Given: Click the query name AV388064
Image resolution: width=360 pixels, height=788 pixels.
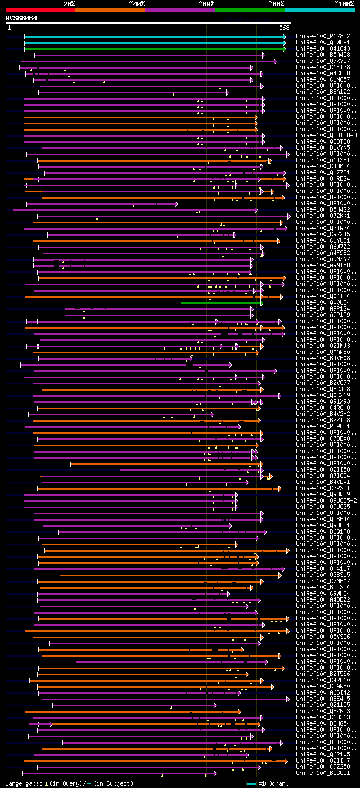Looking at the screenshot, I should [21, 18].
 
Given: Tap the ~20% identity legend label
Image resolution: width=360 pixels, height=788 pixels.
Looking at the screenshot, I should [69, 3].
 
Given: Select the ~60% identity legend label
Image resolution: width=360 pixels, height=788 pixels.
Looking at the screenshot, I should [206, 3].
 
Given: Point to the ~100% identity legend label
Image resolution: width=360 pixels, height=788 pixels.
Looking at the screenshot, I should [344, 3].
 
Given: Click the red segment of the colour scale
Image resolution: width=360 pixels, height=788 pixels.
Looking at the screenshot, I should [40, 10].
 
